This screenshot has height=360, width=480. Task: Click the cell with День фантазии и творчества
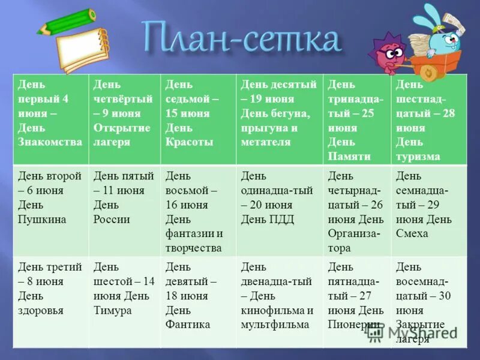pos(198,211)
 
